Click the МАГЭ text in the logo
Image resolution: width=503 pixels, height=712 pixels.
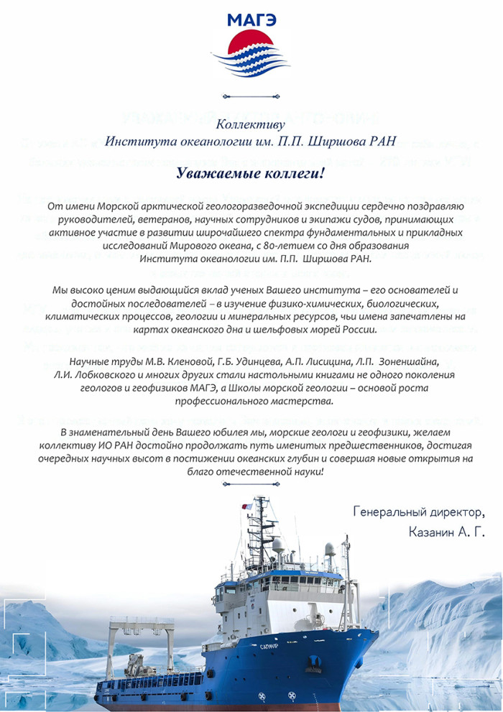pyautogui.click(x=251, y=19)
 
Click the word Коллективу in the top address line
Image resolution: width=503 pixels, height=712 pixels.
pyautogui.click(x=251, y=123)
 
